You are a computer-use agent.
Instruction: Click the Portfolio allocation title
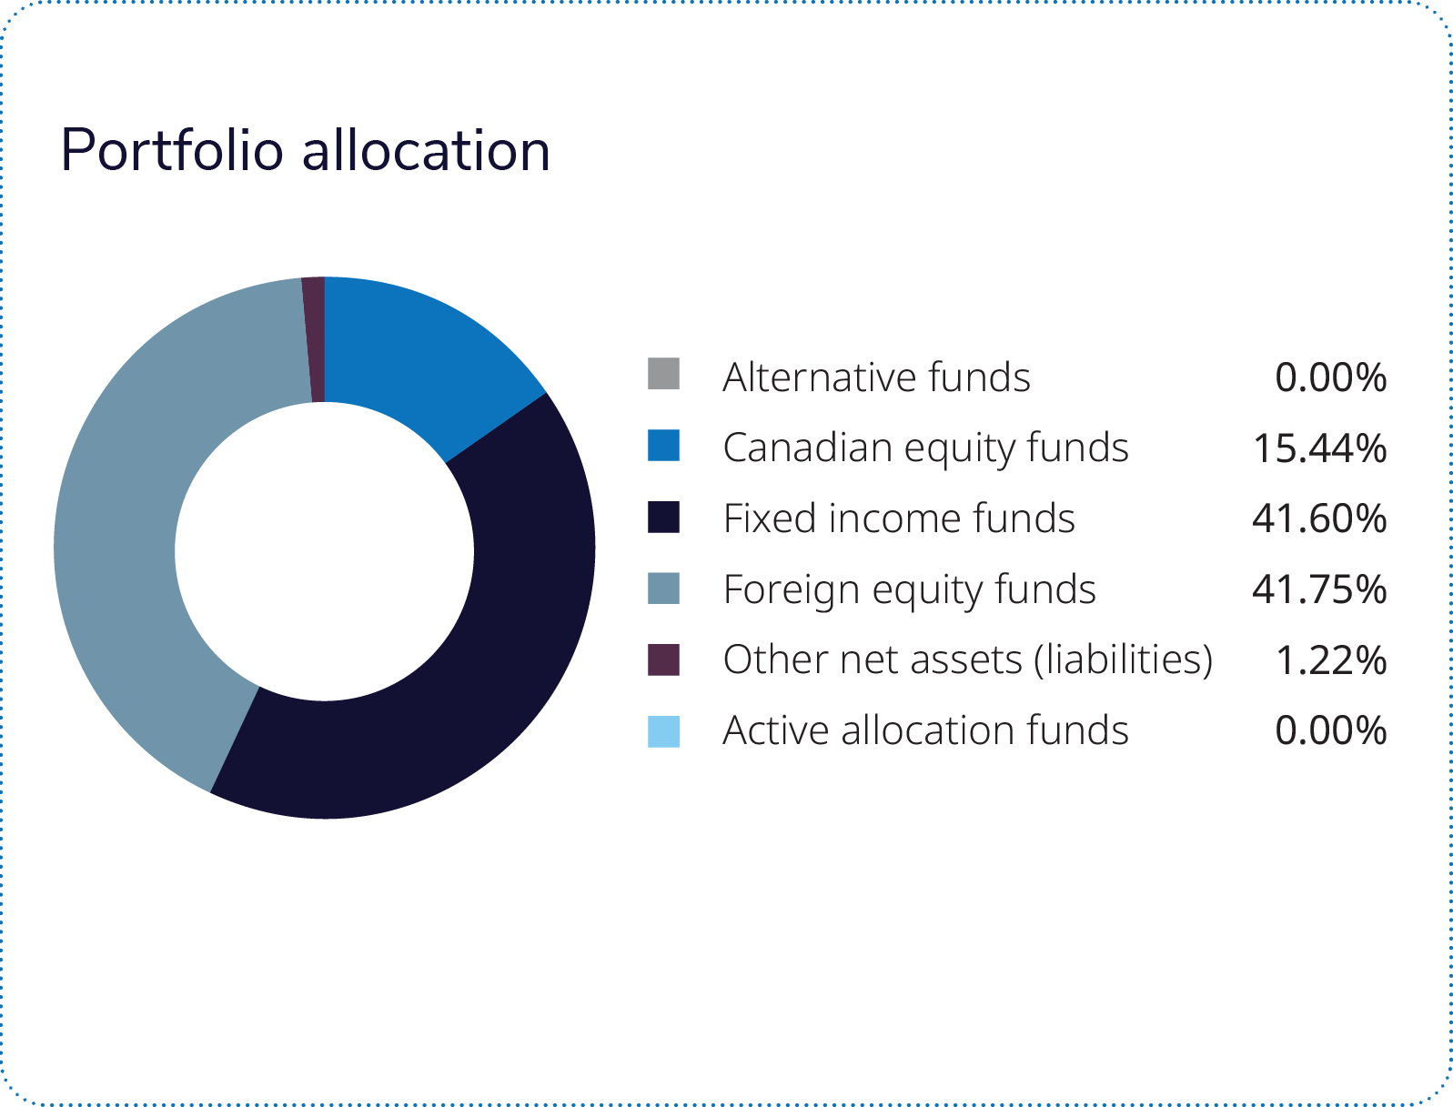tap(305, 150)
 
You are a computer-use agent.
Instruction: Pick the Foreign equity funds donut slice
tap(136, 509)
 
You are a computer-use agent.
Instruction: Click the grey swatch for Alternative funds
tap(663, 374)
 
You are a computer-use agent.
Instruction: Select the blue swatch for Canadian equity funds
tap(663, 446)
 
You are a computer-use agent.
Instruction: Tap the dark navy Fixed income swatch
tap(663, 517)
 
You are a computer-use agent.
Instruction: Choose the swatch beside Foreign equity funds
tap(663, 588)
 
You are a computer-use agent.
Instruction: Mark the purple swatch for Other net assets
tap(663, 659)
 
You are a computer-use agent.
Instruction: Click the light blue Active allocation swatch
tap(663, 731)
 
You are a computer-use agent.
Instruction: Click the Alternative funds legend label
tap(876, 377)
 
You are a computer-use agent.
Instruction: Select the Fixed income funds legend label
tap(899, 518)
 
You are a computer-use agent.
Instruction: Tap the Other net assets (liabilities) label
tap(968, 659)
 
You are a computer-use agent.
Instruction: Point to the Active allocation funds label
tap(925, 730)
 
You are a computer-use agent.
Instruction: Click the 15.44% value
tap(1319, 448)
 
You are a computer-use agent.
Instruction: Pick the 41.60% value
tap(1319, 518)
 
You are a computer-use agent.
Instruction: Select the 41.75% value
tap(1319, 589)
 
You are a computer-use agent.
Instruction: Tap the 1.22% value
tap(1331, 660)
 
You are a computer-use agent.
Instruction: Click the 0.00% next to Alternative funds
tap(1331, 377)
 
